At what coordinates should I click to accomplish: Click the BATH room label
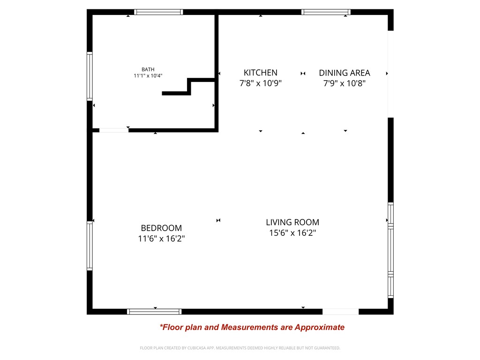[x=148, y=69]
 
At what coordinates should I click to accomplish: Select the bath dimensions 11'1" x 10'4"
[x=148, y=76]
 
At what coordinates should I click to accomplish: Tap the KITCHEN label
[x=260, y=73]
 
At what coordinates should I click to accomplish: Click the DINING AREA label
[x=344, y=73]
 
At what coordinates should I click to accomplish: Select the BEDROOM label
[x=161, y=228]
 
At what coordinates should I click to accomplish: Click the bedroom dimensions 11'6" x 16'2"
[x=161, y=239]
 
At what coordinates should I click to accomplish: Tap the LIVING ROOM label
[x=292, y=222]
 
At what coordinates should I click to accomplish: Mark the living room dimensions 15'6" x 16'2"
[x=292, y=233]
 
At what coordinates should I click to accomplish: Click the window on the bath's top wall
[x=158, y=12]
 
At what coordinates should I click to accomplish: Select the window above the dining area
[x=326, y=12]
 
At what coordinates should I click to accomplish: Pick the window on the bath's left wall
[x=90, y=76]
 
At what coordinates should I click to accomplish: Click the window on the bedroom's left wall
[x=90, y=246]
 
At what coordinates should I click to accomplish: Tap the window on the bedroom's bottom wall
[x=154, y=312]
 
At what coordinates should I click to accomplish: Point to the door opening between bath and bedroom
[x=113, y=130]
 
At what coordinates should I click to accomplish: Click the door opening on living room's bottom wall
[x=340, y=312]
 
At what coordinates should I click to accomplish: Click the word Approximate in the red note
[x=319, y=327]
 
